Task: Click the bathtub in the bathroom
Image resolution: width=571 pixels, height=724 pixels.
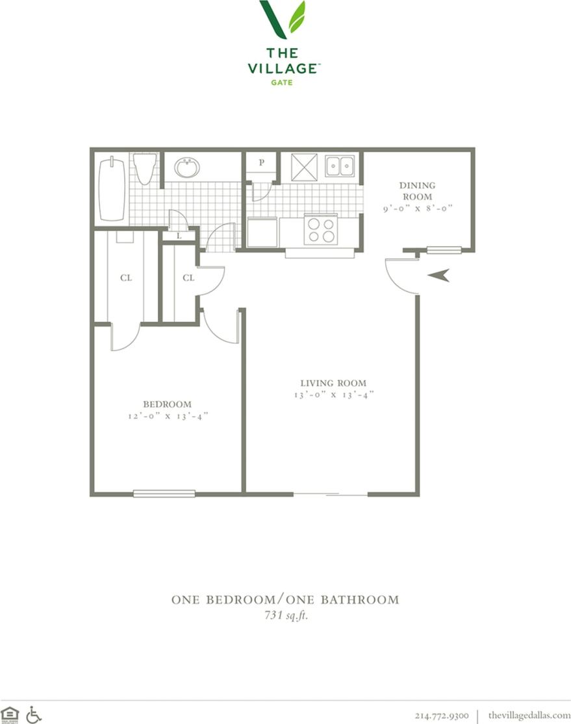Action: click(112, 190)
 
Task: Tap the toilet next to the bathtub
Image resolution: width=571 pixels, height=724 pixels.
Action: click(145, 169)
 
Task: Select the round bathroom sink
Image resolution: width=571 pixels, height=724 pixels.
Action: click(188, 167)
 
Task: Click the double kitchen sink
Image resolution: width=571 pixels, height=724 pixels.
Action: click(340, 166)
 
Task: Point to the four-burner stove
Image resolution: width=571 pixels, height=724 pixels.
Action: click(321, 230)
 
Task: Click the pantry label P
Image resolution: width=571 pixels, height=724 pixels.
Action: click(262, 162)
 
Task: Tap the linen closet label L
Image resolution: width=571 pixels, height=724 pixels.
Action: click(179, 236)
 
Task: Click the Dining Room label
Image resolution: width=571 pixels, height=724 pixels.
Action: click(417, 191)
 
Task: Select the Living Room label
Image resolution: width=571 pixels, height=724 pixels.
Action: click(333, 382)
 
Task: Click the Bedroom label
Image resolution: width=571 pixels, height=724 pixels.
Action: click(167, 404)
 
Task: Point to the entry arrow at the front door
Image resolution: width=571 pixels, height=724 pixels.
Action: click(438, 275)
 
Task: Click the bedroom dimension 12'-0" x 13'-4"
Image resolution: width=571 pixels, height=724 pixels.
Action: click(168, 416)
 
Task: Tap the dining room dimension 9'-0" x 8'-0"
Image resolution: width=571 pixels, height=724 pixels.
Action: click(418, 208)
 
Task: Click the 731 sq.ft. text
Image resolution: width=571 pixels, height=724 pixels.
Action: click(286, 615)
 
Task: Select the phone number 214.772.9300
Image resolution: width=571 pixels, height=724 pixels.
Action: click(442, 715)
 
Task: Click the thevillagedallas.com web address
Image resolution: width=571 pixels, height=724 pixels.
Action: click(529, 715)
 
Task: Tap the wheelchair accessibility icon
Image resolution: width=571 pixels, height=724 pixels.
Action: click(33, 715)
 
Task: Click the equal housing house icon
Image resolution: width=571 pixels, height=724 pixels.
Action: click(10, 714)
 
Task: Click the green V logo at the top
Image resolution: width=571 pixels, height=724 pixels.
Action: click(283, 19)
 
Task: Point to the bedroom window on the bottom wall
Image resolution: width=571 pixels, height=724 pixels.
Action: click(164, 493)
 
